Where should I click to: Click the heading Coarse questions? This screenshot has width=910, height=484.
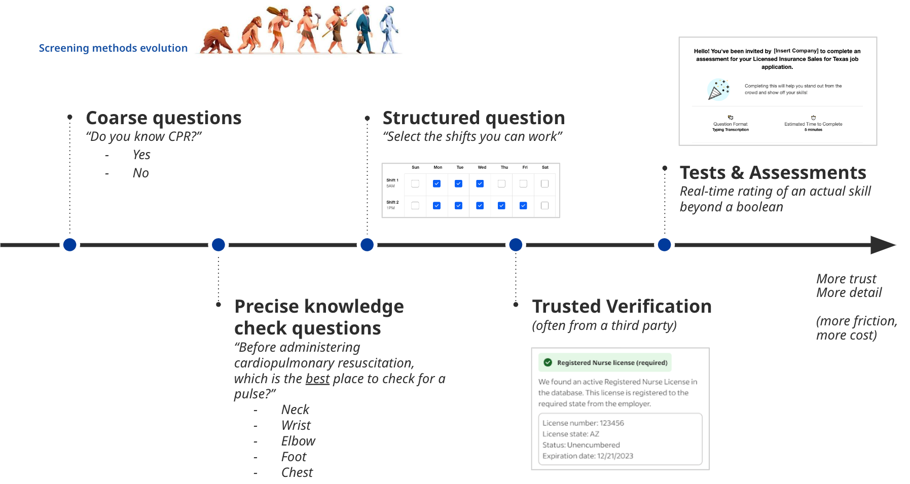[x=163, y=118]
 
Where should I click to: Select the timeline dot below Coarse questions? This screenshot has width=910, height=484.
[x=70, y=245]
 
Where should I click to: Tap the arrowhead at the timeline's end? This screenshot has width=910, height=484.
[x=883, y=245]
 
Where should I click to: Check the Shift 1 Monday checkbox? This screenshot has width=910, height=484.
[x=436, y=183]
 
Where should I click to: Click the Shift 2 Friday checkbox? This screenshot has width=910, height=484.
[x=523, y=205]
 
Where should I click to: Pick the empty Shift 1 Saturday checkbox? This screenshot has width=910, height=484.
[x=544, y=183]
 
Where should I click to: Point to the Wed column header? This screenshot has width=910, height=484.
[x=482, y=167]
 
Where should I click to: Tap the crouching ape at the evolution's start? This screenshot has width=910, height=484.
[x=215, y=41]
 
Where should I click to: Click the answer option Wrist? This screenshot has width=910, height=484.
[x=296, y=425]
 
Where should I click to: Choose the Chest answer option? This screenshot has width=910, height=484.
[x=297, y=472]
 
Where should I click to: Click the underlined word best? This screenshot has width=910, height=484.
[x=317, y=379]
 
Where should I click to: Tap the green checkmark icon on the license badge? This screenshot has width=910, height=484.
[x=548, y=362]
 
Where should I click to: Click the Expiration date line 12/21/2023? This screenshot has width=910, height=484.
[x=588, y=456]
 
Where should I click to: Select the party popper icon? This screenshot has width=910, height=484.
[x=718, y=90]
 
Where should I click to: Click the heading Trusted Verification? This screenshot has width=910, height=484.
[x=622, y=307]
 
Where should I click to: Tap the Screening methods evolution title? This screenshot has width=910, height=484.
[x=113, y=48]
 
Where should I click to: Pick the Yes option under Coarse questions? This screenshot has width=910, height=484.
[x=141, y=155]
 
